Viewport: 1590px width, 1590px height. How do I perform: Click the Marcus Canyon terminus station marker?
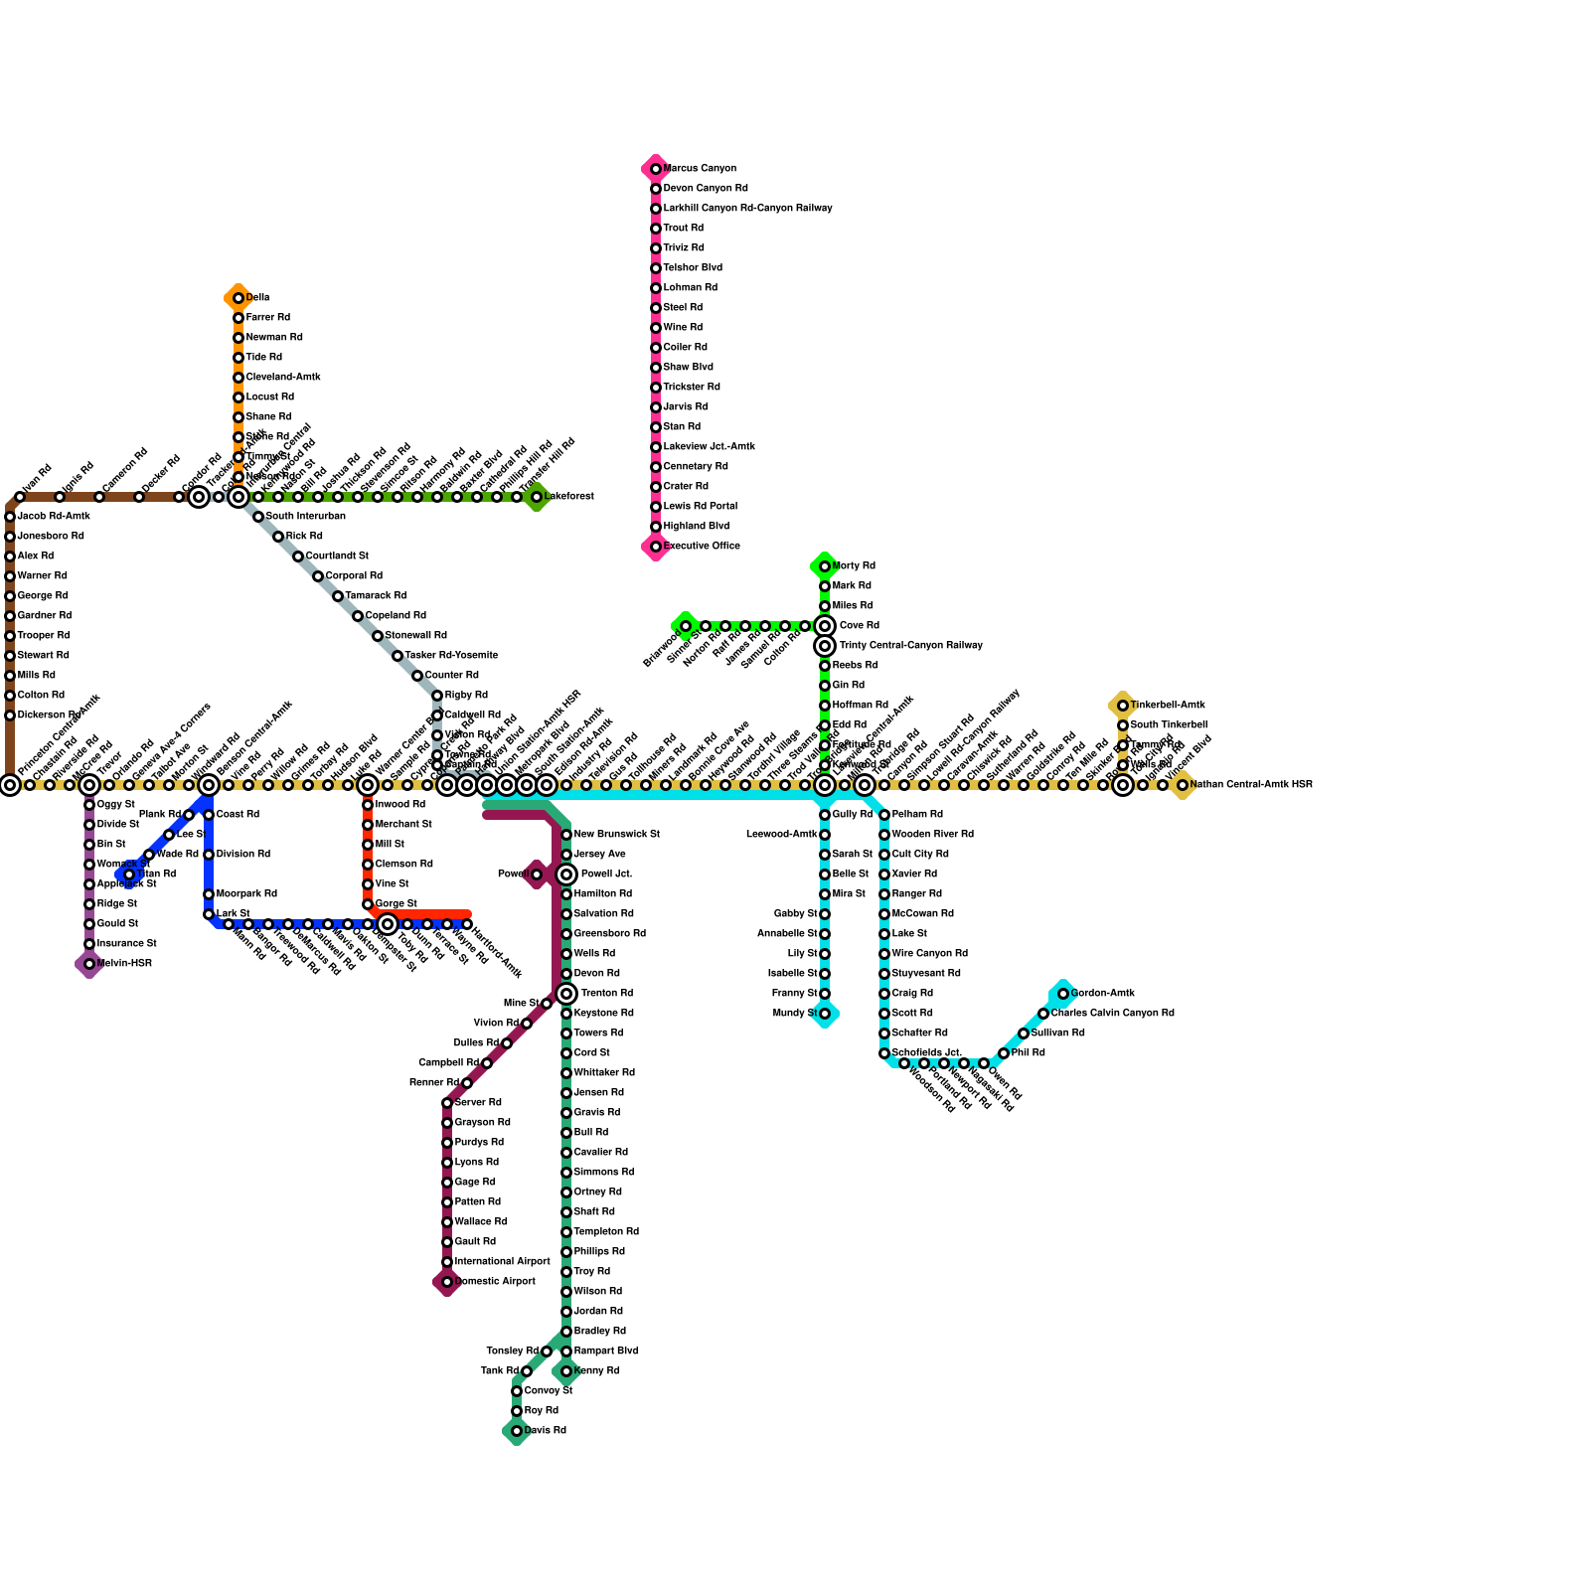(656, 169)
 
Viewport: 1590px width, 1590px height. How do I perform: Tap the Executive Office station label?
(702, 547)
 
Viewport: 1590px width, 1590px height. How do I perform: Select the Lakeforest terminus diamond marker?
(537, 497)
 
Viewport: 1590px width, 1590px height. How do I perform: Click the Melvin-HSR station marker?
(89, 964)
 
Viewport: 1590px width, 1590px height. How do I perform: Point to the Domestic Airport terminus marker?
(447, 1282)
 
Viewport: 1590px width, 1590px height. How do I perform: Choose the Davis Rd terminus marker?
(517, 1431)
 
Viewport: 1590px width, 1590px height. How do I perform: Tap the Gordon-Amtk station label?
(1103, 994)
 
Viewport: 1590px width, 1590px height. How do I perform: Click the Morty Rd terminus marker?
(825, 566)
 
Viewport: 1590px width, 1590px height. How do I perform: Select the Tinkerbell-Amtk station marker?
(1123, 706)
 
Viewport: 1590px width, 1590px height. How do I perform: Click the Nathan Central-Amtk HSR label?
(1251, 785)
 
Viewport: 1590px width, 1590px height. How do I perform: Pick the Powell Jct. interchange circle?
(566, 874)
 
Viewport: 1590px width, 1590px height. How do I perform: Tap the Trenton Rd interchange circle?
(566, 994)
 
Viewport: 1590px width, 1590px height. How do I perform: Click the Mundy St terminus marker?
(825, 1014)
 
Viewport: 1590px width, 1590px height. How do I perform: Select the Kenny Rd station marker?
(566, 1371)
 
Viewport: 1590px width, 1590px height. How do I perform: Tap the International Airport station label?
(502, 1262)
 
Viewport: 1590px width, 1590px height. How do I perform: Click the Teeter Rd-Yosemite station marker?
(397, 656)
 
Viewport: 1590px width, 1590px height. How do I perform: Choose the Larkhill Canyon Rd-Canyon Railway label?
(748, 209)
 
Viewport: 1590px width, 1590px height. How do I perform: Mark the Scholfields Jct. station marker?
(884, 1053)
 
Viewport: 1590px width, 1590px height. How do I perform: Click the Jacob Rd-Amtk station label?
(54, 517)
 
